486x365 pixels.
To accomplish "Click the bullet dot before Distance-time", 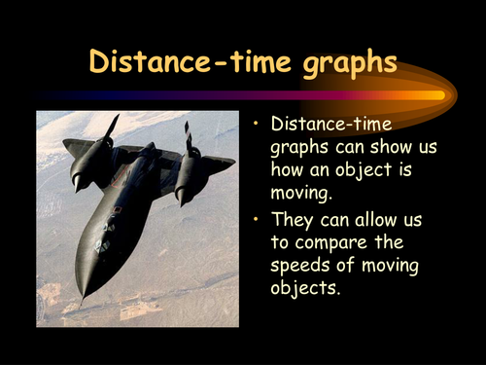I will (x=256, y=124).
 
